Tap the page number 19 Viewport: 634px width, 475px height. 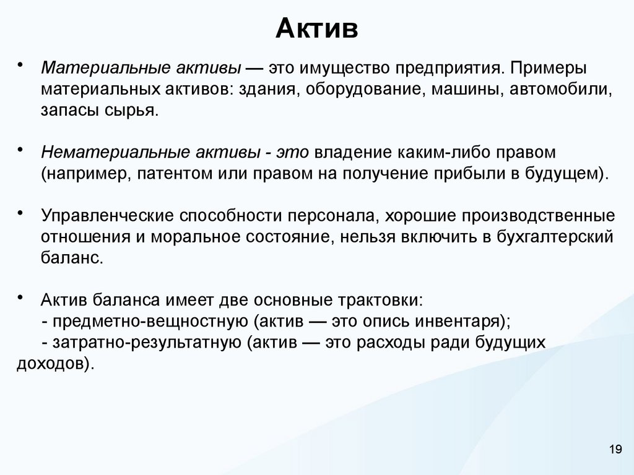click(x=615, y=450)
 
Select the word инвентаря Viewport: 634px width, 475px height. click(x=461, y=322)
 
